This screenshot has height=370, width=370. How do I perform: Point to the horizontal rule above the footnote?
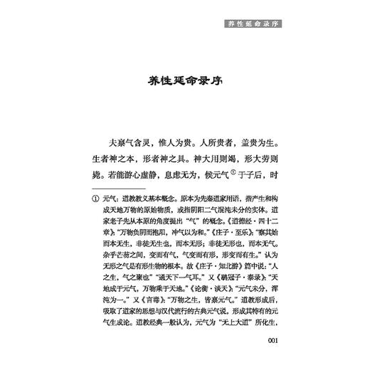[x=115, y=193]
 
